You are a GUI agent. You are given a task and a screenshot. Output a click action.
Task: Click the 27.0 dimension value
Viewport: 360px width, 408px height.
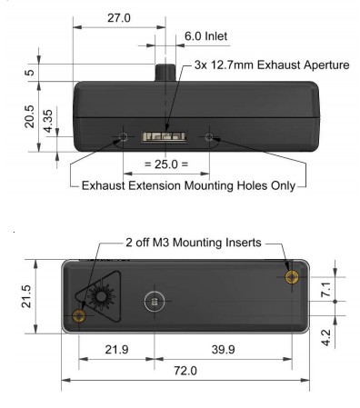(x=119, y=18)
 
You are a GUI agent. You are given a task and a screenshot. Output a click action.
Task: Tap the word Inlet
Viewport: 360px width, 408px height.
(x=216, y=36)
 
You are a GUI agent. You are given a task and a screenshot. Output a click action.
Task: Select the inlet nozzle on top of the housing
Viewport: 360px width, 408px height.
(x=165, y=73)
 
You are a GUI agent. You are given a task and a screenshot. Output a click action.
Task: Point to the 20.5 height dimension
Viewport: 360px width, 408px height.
(x=30, y=116)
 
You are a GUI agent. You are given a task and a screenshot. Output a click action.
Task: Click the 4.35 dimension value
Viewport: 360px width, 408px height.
(x=48, y=121)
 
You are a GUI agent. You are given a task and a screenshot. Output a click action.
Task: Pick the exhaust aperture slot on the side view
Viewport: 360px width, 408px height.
(x=164, y=136)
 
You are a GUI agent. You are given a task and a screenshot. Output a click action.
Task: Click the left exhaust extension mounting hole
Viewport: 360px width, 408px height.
(x=123, y=137)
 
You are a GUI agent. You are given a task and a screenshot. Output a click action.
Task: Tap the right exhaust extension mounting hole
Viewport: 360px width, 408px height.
(x=209, y=137)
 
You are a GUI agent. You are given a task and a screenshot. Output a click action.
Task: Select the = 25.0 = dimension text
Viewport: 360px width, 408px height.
(x=166, y=164)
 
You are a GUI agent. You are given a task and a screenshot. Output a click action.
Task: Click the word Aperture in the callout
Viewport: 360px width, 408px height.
(x=326, y=65)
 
